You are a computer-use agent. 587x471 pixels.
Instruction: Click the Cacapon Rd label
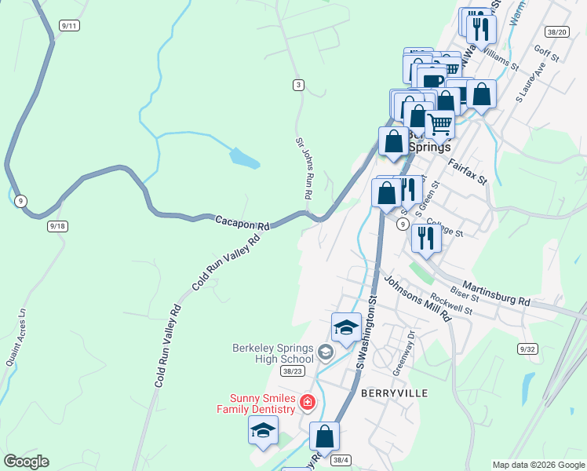242,222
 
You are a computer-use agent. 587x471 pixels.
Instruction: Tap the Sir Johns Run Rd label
303,168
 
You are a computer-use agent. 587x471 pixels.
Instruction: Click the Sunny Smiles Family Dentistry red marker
308,403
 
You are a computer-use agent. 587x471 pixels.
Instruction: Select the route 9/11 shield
68,26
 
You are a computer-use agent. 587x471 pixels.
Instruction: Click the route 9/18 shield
57,225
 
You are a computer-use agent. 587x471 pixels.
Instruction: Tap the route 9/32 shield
527,348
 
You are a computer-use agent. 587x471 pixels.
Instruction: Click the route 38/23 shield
292,371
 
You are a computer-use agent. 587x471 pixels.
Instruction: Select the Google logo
26,462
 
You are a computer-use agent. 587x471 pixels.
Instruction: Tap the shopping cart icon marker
439,123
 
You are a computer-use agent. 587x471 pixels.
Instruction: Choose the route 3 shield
298,85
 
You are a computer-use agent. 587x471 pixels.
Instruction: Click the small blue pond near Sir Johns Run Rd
244,158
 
